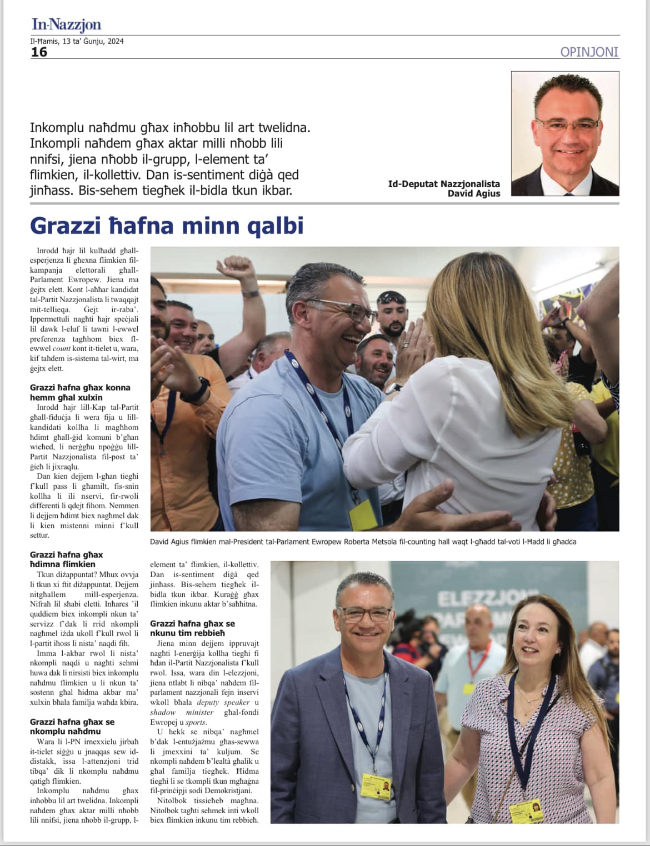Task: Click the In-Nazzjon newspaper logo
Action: (x=66, y=24)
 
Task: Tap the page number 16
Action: (x=39, y=52)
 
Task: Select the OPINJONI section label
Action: (x=589, y=52)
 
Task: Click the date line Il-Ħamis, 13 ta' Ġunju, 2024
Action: (x=77, y=41)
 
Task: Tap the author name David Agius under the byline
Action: (x=473, y=193)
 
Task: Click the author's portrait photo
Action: (x=564, y=133)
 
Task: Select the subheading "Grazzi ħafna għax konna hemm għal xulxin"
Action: (x=80, y=392)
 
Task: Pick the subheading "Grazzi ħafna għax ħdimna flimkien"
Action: (x=67, y=559)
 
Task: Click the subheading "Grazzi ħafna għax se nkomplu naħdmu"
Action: (x=72, y=726)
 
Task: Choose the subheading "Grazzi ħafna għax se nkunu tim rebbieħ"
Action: (x=192, y=628)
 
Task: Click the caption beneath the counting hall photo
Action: (x=363, y=542)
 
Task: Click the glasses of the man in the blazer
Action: (x=364, y=614)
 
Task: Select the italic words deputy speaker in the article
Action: (x=223, y=702)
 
